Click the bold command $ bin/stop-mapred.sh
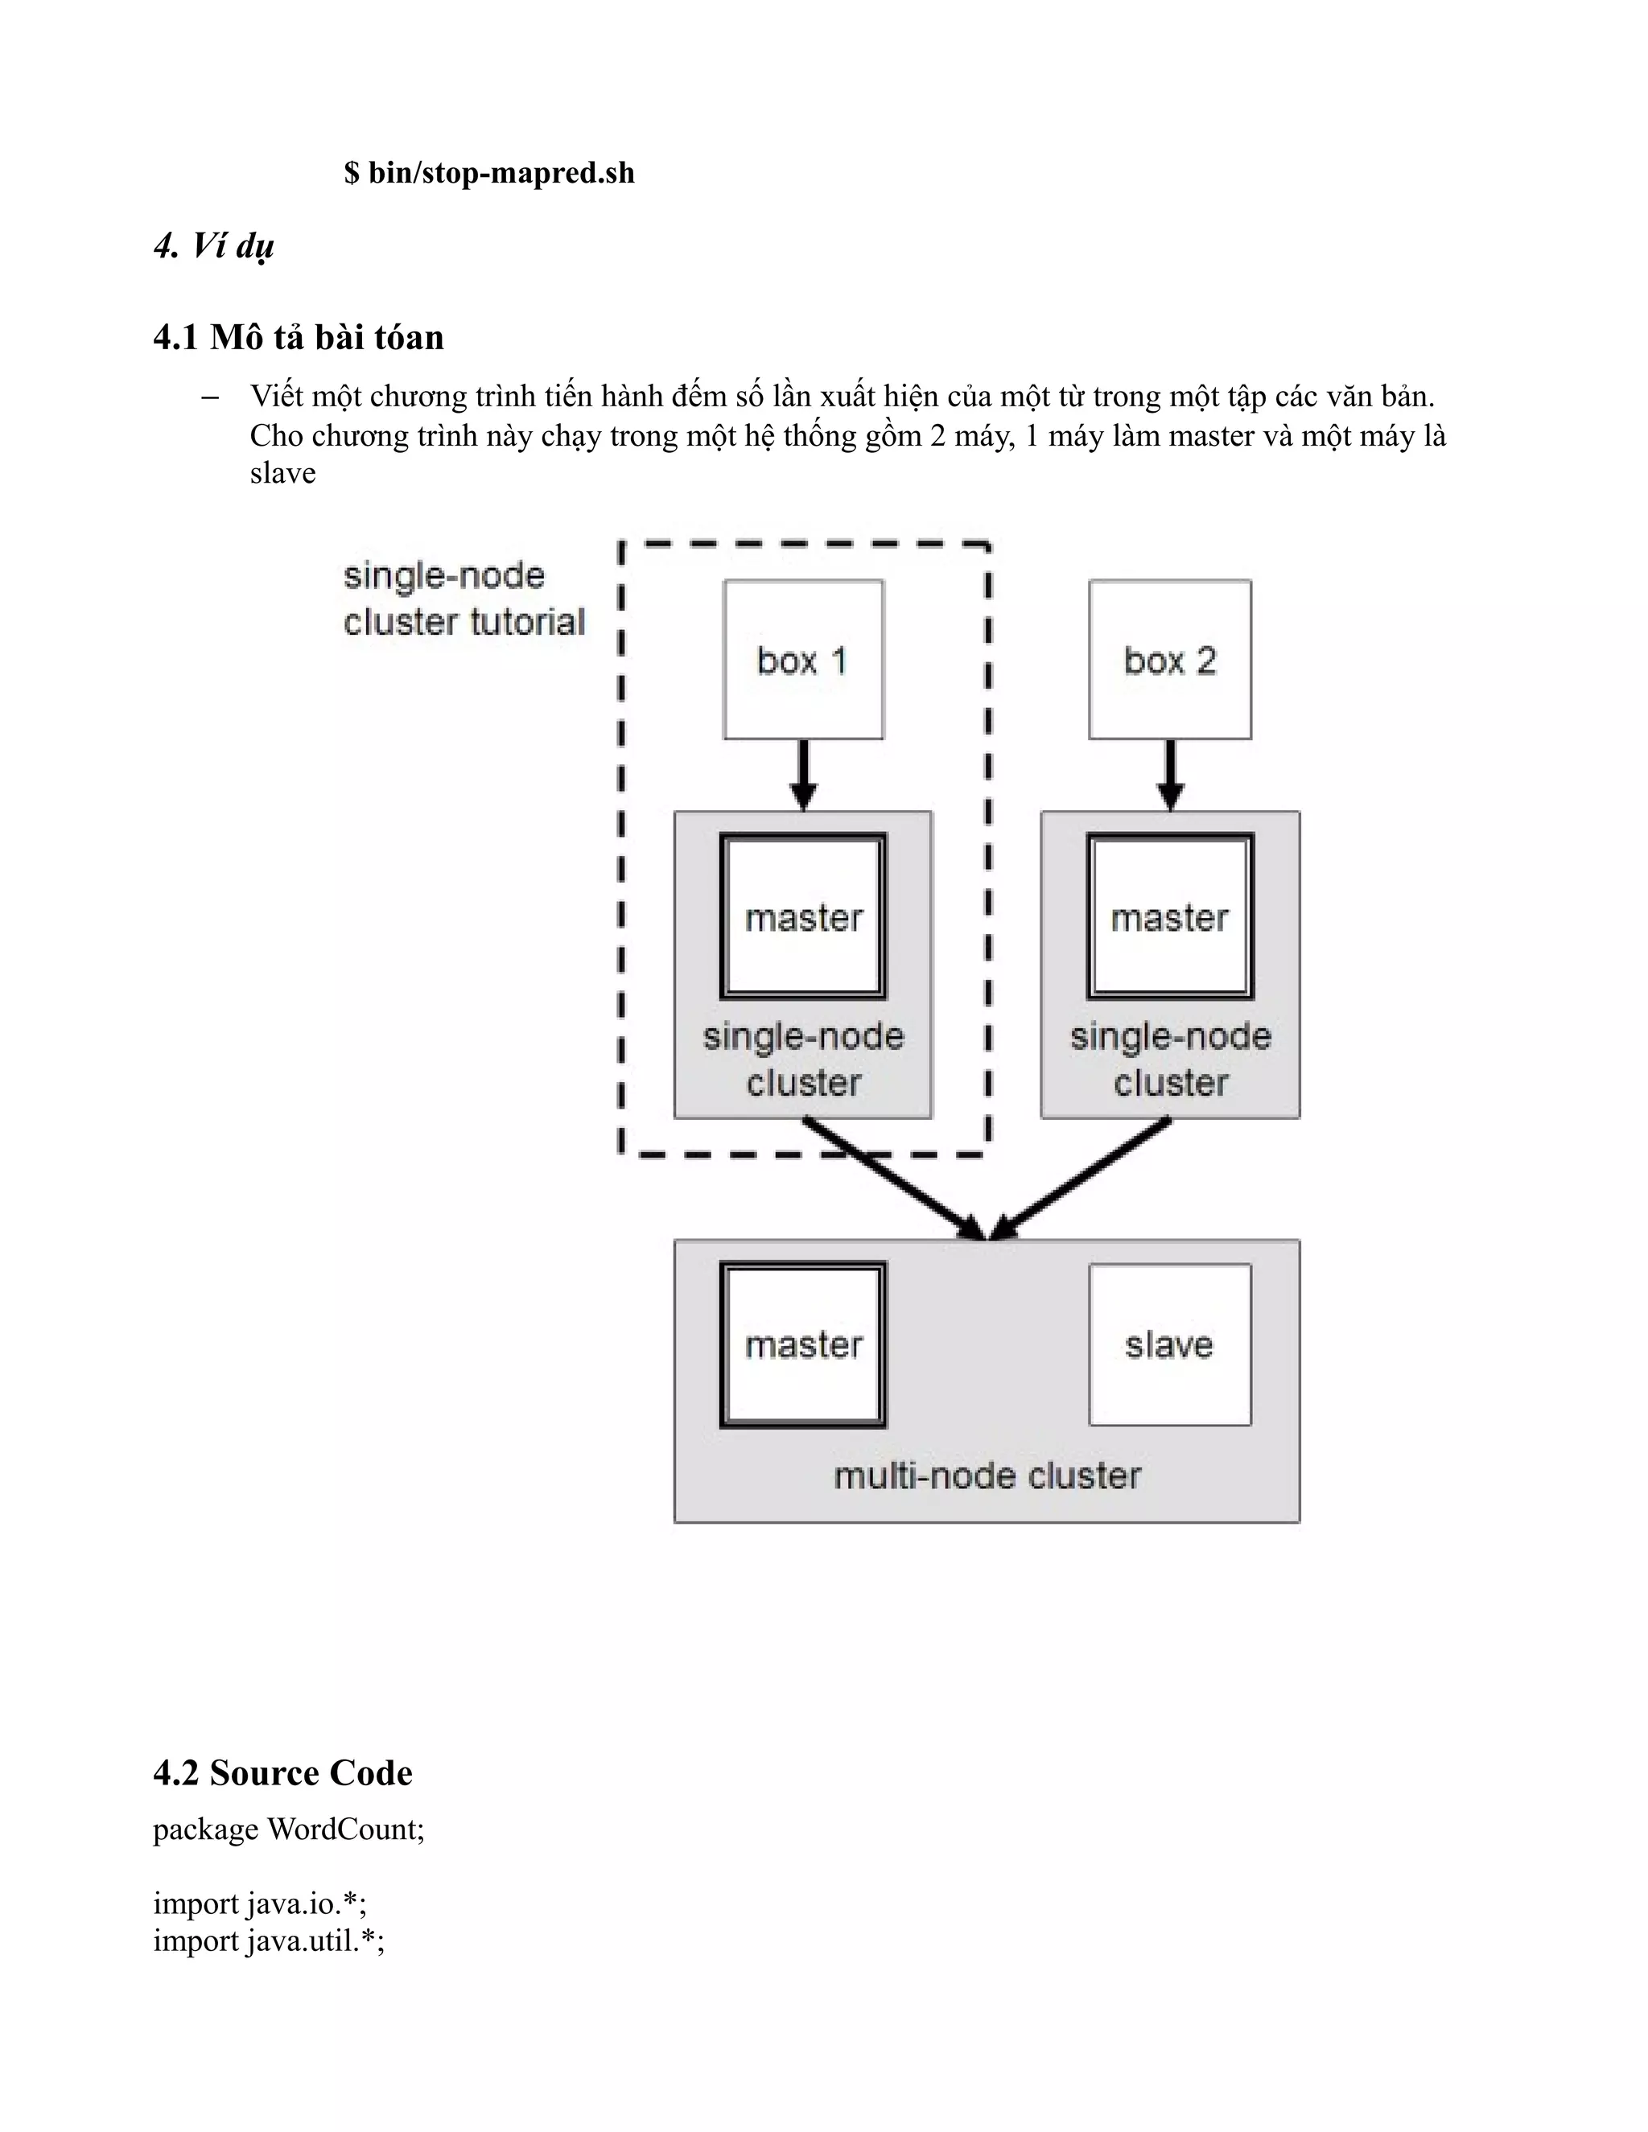click(489, 174)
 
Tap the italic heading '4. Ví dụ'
click(214, 246)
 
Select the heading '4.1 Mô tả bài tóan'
click(299, 337)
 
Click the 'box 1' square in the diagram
click(802, 660)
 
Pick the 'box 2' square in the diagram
click(1169, 660)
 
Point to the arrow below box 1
click(802, 775)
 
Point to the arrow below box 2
click(1169, 775)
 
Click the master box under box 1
click(802, 916)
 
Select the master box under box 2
click(1169, 916)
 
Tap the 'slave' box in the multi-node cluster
click(1169, 1345)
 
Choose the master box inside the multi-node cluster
click(802, 1345)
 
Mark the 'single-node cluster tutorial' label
click(463, 599)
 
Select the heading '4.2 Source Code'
click(283, 1772)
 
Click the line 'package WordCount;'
click(289, 1829)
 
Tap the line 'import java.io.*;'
click(260, 1904)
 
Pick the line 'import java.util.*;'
click(269, 1941)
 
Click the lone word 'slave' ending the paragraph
click(282, 473)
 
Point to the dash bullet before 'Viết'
click(209, 397)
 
